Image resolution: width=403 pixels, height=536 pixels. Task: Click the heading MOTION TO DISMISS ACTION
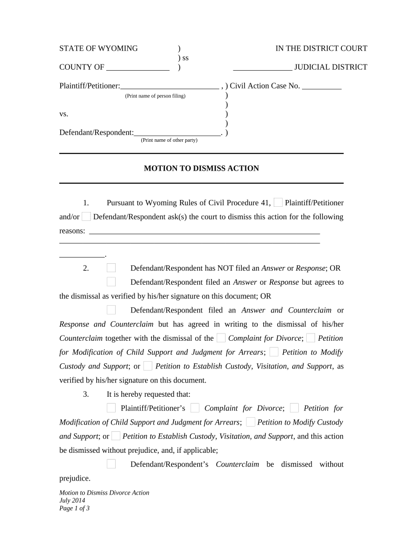(x=201, y=169)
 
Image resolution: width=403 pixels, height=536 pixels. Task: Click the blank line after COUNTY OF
(x=138, y=68)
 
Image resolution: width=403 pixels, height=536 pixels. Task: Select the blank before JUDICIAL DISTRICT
(x=262, y=68)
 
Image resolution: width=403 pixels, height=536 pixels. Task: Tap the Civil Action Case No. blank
(x=322, y=86)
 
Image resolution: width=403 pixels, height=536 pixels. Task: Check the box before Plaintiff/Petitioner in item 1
(x=278, y=203)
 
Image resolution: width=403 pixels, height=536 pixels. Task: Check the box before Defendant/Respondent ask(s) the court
(x=86, y=217)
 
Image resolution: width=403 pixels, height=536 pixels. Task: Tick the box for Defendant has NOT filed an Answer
(x=111, y=268)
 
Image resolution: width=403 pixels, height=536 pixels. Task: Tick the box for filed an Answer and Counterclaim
(x=111, y=310)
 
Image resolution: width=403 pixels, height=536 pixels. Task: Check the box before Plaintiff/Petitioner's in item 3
(x=111, y=408)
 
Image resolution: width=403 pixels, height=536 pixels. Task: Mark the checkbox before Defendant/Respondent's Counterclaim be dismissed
(x=111, y=464)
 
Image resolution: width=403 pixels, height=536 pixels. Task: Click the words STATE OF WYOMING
(x=98, y=49)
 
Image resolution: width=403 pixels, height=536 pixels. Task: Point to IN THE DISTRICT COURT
(x=321, y=49)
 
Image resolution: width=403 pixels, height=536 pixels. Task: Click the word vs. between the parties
(x=64, y=114)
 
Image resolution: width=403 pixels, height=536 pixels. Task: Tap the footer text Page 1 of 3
(x=75, y=508)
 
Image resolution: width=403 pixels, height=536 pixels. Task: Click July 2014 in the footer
(x=72, y=500)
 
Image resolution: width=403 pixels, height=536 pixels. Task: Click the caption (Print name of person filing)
(x=155, y=96)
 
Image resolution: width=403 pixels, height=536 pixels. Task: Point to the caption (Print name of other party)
(x=169, y=140)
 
